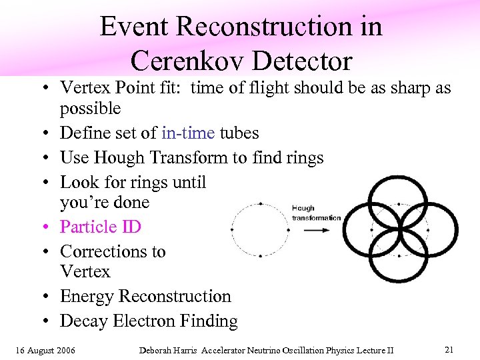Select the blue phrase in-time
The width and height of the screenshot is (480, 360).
(188, 133)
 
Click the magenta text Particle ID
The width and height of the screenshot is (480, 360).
(101, 227)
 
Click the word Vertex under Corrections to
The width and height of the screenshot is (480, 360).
(85, 271)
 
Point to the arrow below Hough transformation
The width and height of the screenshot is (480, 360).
(316, 229)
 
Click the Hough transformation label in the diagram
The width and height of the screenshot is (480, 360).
(316, 213)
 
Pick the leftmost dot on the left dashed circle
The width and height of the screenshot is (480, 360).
(233, 229)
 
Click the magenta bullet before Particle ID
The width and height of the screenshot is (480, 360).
(50, 227)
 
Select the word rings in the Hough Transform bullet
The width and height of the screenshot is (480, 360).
(303, 157)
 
